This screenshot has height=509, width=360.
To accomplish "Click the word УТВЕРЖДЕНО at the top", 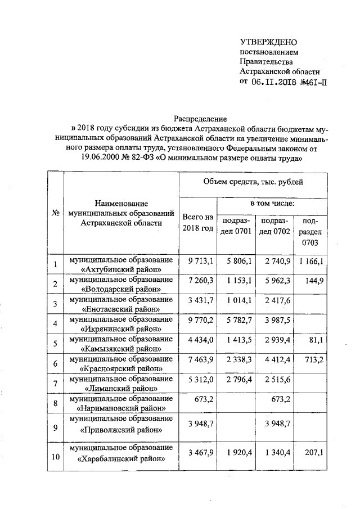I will tap(268, 42).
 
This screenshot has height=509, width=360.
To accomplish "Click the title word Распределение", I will tap(200, 119).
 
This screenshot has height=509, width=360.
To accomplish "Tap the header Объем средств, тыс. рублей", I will tap(253, 182).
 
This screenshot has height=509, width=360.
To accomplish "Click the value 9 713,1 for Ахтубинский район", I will tap(200, 262).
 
